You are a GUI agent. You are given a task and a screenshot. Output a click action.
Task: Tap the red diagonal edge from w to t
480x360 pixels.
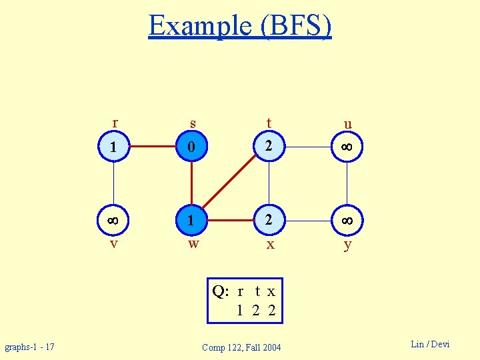229,182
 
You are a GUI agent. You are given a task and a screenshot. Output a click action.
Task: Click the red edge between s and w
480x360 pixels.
191,183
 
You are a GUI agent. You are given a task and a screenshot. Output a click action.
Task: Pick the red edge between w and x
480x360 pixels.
230,219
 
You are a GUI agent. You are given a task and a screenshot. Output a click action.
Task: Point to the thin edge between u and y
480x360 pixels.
347,183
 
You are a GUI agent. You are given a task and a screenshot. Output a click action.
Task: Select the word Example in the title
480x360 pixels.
199,26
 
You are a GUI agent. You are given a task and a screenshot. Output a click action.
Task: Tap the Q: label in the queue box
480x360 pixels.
221,291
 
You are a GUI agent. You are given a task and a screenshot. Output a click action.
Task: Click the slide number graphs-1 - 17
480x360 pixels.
30,347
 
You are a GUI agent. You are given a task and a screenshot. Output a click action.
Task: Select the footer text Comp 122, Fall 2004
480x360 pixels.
241,347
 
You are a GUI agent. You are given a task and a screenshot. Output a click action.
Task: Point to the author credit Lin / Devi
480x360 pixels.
430,344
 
